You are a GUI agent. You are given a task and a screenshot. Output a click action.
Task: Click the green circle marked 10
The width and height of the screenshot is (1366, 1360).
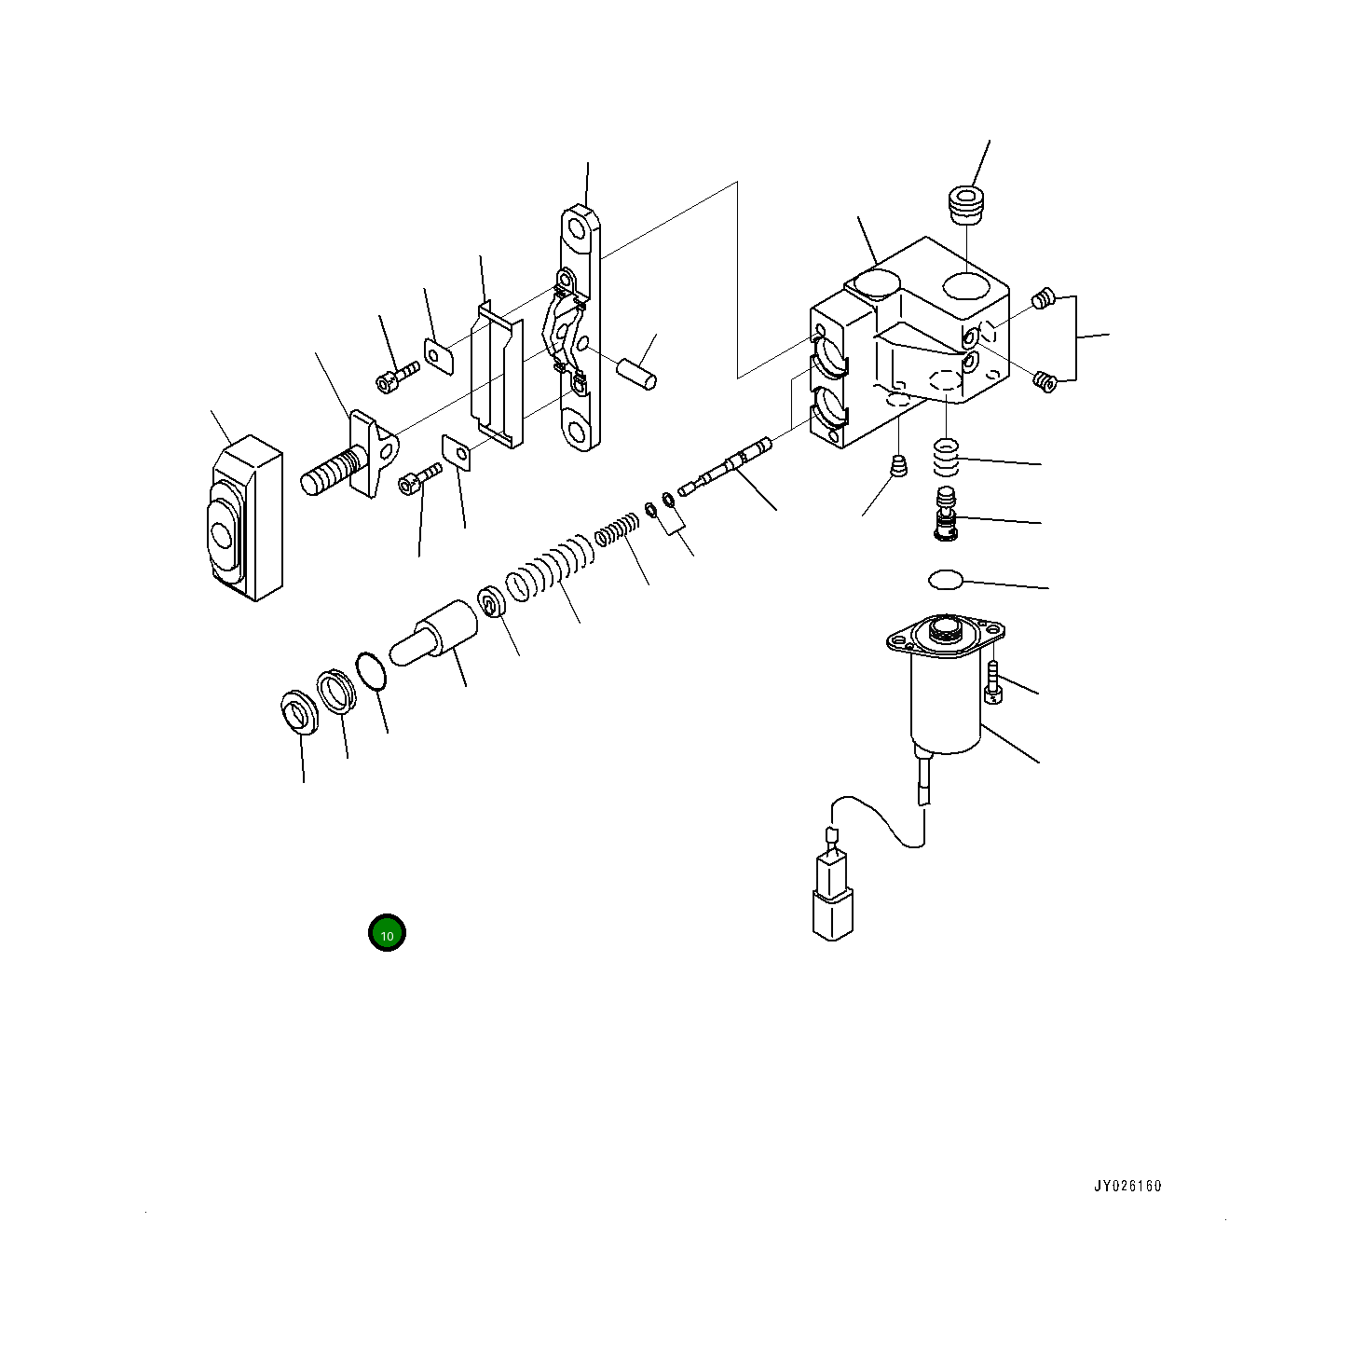point(387,933)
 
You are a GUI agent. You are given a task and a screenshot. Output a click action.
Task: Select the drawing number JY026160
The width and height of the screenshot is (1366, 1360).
point(1127,1187)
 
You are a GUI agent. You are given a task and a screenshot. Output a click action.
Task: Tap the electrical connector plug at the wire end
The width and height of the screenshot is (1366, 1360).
point(831,897)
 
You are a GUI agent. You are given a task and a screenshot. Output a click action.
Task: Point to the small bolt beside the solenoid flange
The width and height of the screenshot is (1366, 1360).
point(993,680)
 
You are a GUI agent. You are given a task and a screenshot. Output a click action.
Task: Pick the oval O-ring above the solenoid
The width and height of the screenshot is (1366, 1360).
point(945,580)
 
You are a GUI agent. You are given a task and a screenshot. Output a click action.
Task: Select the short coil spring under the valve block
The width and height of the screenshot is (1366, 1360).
point(946,456)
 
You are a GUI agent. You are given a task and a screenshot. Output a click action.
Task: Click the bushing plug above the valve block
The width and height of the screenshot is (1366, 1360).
point(966,204)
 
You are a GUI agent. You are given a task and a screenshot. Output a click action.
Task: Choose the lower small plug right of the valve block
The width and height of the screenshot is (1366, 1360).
point(1045,380)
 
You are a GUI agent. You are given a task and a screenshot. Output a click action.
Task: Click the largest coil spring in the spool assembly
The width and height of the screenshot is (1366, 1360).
point(550,571)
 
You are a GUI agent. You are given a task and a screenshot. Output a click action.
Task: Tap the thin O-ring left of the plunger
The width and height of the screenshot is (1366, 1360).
point(371,671)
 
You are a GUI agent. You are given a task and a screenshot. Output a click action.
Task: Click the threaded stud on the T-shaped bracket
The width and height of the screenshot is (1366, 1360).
point(332,472)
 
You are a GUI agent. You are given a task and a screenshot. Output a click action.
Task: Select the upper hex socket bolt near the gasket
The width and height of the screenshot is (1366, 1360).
point(397,377)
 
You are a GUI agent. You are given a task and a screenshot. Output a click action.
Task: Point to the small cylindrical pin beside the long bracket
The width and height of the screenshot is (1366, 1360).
point(636,371)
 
